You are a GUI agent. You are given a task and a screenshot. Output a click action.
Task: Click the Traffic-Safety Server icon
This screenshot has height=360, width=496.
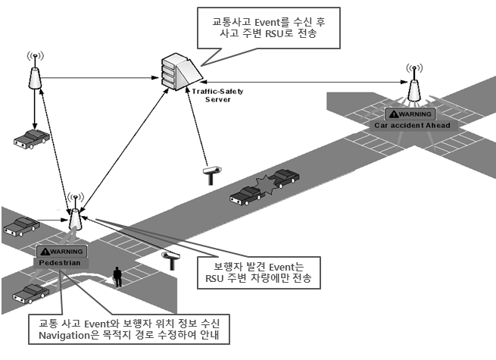click(x=179, y=71)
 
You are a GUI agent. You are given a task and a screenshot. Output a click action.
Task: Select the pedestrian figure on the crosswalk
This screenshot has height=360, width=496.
click(x=117, y=277)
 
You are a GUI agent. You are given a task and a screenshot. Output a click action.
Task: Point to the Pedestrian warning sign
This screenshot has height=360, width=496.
click(x=63, y=256)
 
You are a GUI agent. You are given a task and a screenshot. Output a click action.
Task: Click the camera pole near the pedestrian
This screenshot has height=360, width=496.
click(x=172, y=261)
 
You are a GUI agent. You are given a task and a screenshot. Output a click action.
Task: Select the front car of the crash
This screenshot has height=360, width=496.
click(x=285, y=179)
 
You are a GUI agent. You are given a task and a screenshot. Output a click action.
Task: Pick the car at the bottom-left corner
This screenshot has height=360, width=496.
click(x=30, y=293)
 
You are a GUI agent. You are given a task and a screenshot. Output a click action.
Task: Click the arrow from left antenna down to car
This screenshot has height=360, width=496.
click(x=33, y=106)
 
